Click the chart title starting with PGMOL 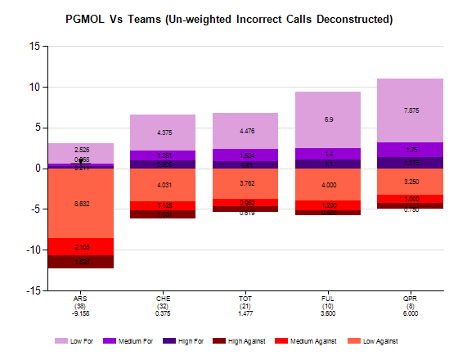(x=228, y=18)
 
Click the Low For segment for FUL (x=328, y=119)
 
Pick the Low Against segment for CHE (x=163, y=184)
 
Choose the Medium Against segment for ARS (x=81, y=246)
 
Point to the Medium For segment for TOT (x=245, y=155)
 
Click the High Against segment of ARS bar (x=81, y=262)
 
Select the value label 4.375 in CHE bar (x=164, y=133)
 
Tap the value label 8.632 (x=82, y=203)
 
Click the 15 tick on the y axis (x=34, y=47)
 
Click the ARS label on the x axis (x=81, y=299)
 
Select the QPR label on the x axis (x=411, y=299)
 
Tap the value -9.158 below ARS (x=81, y=313)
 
